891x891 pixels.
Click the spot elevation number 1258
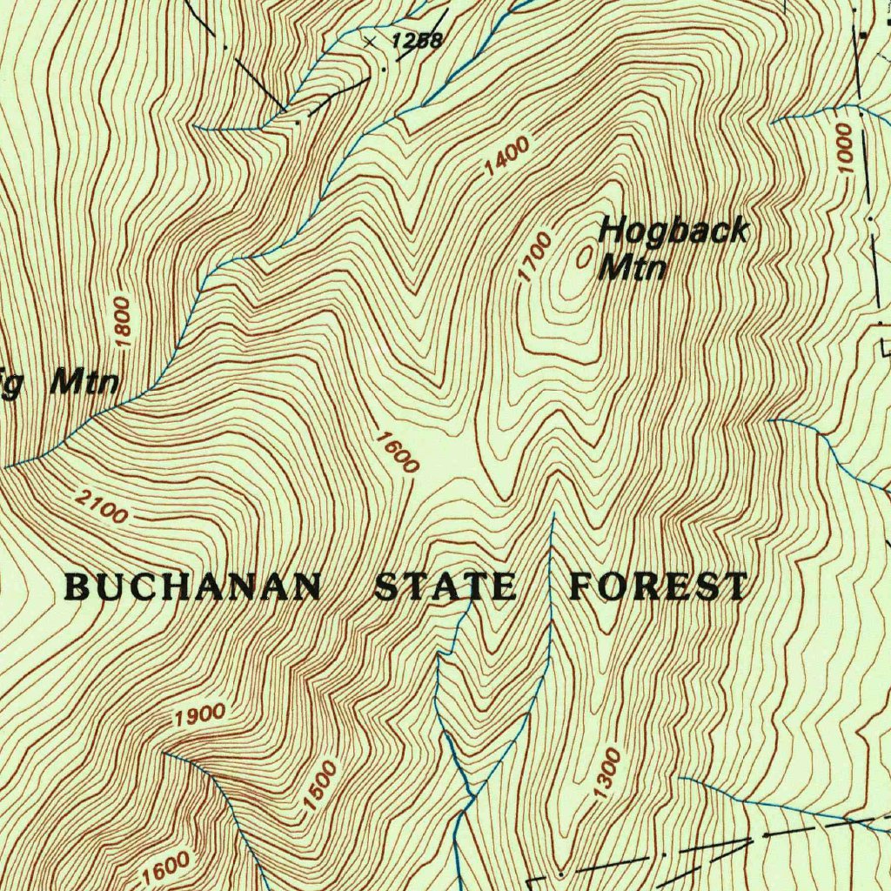417,40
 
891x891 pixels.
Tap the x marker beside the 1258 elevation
372,41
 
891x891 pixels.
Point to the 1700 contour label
534,258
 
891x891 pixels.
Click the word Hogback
673,231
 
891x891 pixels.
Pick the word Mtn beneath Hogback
633,267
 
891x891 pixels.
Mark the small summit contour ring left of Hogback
585,255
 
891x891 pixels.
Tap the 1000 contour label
842,148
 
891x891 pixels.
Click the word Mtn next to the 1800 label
84,381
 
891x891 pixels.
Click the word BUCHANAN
193,587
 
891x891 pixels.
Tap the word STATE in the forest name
445,587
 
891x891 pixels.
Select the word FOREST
658,587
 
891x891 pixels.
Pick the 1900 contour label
199,716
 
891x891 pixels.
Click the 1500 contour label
319,786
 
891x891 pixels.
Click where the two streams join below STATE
472,794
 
